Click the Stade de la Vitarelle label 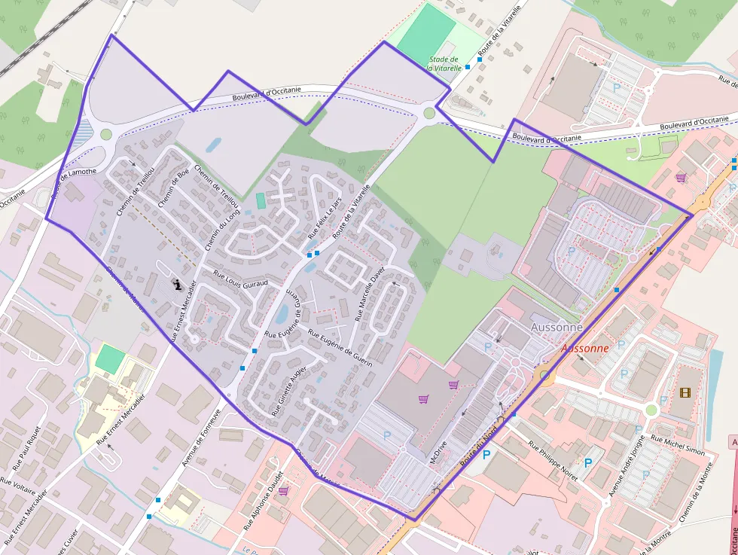click(x=443, y=63)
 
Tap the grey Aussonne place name click(x=557, y=328)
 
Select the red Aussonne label click(x=584, y=349)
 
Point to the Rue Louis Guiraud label click(x=240, y=278)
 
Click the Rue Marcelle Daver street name click(x=369, y=293)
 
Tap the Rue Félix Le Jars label click(x=325, y=218)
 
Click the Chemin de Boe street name click(x=174, y=188)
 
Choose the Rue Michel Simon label click(x=677, y=446)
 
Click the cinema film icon click(x=685, y=392)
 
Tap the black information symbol click(x=177, y=285)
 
